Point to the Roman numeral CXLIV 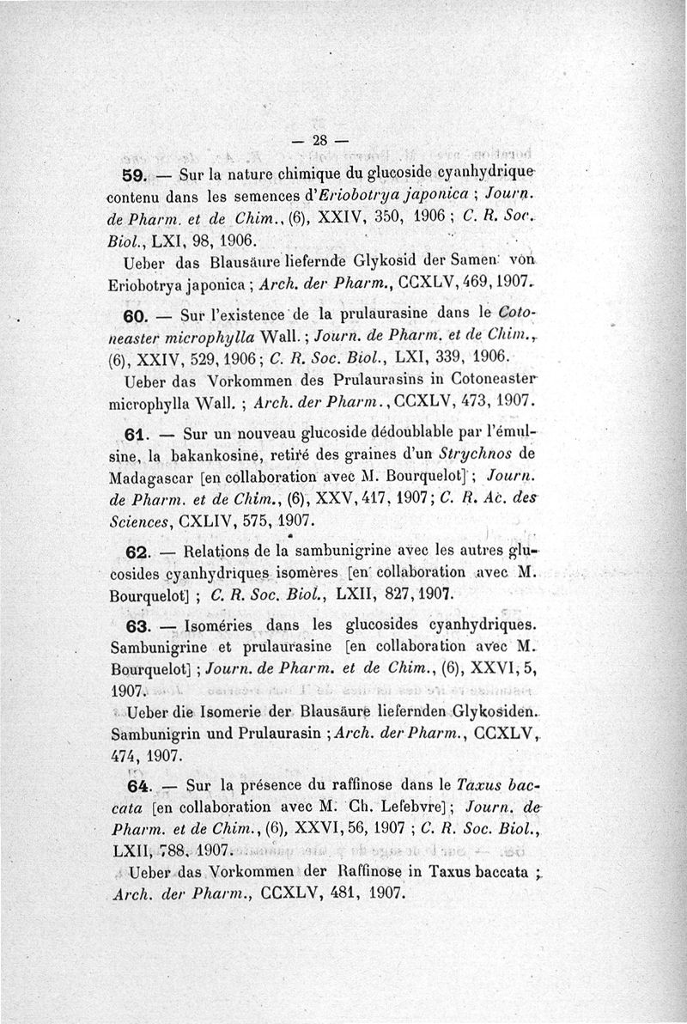pyautogui.click(x=207, y=520)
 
